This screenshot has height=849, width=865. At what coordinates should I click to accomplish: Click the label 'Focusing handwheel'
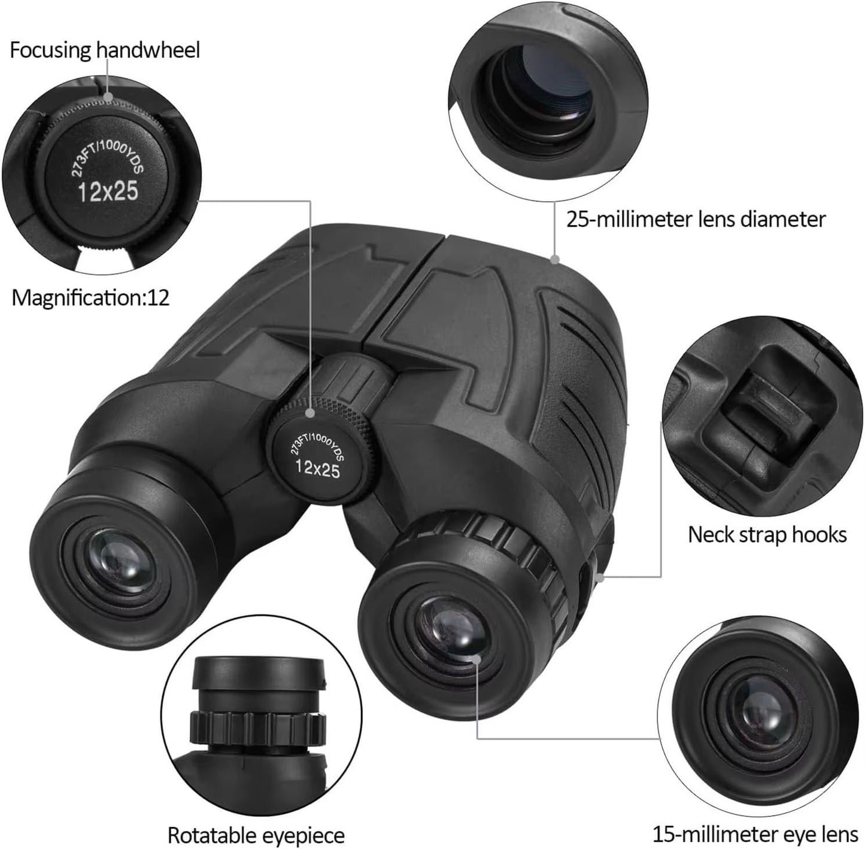(105, 50)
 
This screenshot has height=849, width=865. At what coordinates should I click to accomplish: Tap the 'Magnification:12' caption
(91, 297)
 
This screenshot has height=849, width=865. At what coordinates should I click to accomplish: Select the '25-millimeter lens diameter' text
(696, 220)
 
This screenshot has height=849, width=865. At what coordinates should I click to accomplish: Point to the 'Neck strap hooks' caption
(767, 534)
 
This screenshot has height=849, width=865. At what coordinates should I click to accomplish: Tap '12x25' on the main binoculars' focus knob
(318, 467)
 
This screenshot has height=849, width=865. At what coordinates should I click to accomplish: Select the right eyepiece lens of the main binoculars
(454, 631)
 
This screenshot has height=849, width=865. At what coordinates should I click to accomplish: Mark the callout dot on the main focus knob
(310, 413)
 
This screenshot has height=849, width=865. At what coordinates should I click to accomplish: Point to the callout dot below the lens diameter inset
(555, 260)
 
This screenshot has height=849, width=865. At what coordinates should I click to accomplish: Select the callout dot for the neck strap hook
(600, 577)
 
